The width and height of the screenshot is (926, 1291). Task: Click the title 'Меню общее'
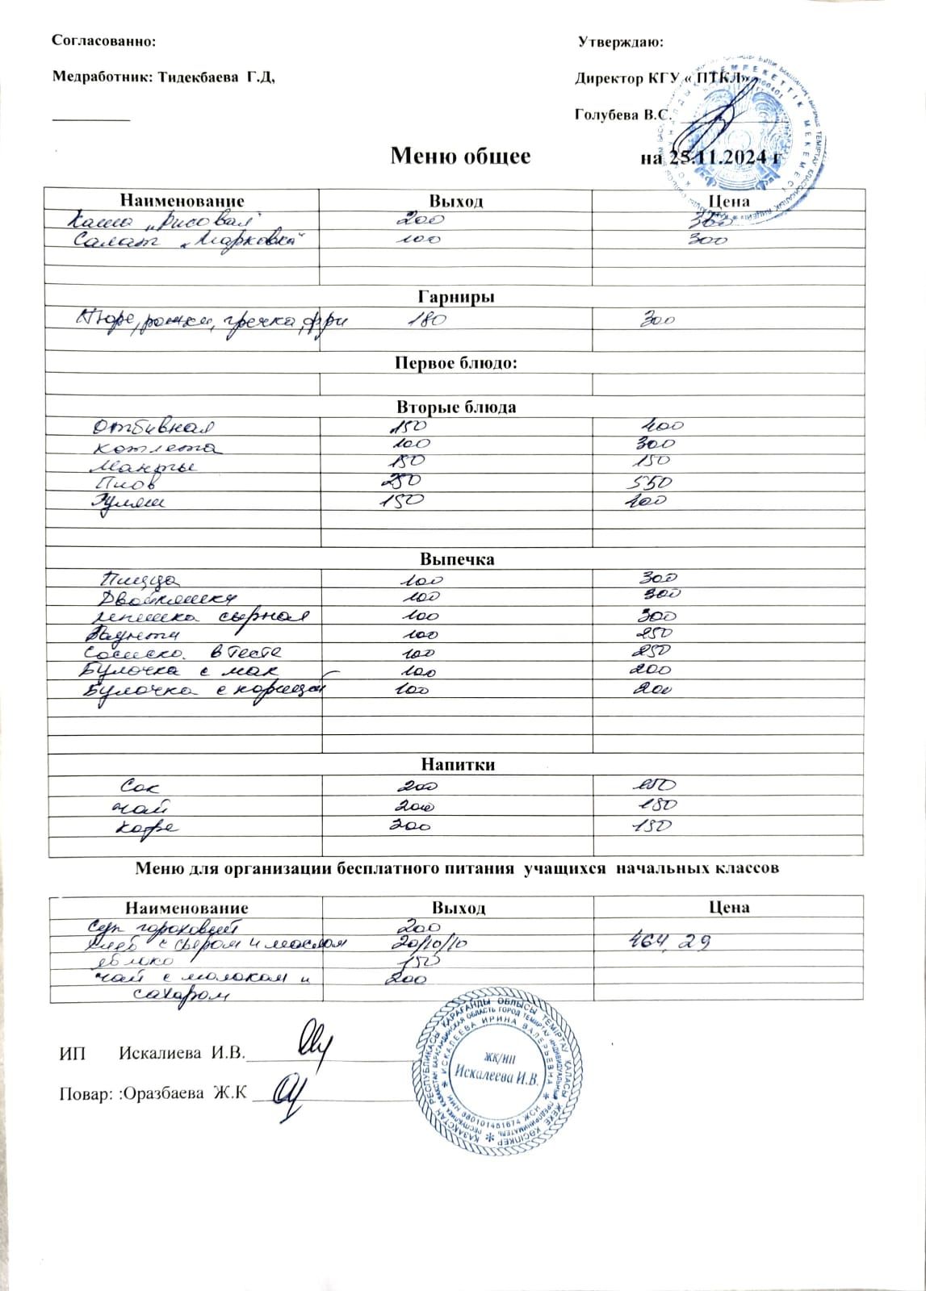pyautogui.click(x=460, y=156)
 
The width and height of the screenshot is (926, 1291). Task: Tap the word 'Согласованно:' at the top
pyautogui.click(x=103, y=40)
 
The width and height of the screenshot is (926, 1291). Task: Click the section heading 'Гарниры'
pyautogui.click(x=457, y=297)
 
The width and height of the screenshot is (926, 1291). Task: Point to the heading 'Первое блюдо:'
pyautogui.click(x=456, y=363)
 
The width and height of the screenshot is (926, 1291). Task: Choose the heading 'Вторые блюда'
pyautogui.click(x=456, y=407)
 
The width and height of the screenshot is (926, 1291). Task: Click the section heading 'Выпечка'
pyautogui.click(x=456, y=559)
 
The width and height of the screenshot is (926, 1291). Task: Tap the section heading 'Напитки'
pyautogui.click(x=456, y=764)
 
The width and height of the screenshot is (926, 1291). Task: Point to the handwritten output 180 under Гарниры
pyautogui.click(x=425, y=321)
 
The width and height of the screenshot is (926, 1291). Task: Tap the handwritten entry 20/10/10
pyautogui.click(x=425, y=942)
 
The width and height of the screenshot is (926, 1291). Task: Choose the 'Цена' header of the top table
pyautogui.click(x=728, y=201)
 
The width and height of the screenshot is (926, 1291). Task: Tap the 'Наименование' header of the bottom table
pyautogui.click(x=186, y=908)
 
